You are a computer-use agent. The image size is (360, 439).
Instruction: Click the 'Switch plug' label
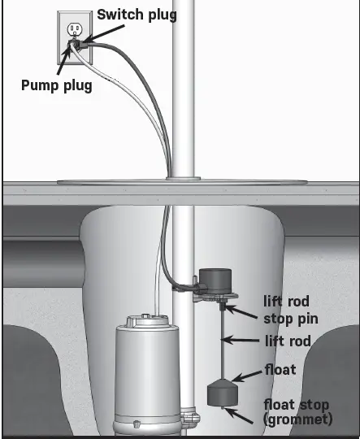(137, 14)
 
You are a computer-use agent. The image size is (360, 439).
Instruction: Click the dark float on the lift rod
(221, 394)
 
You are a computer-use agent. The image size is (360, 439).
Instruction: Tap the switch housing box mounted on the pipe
(215, 281)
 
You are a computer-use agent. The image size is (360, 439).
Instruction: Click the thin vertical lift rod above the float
(222, 341)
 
